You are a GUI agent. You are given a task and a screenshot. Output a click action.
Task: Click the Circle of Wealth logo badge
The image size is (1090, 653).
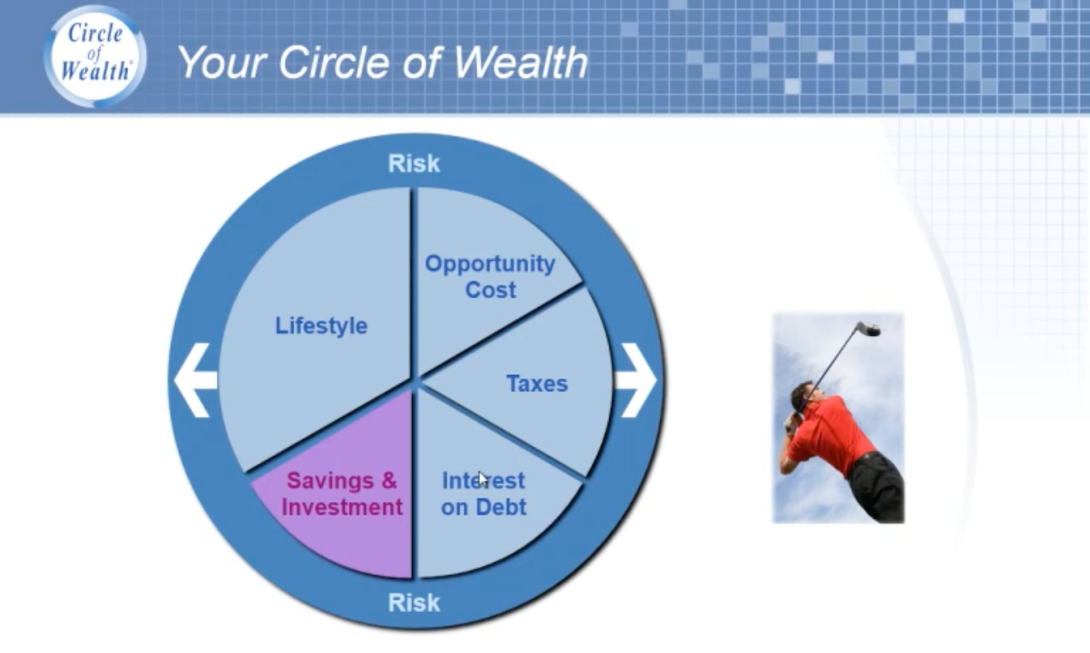[x=95, y=56]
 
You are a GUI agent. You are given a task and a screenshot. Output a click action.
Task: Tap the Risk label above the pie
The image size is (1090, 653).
[x=414, y=163]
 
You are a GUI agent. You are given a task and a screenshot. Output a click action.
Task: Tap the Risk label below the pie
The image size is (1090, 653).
[x=414, y=603]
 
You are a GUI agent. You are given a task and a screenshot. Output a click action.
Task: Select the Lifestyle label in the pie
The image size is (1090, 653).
[x=321, y=325]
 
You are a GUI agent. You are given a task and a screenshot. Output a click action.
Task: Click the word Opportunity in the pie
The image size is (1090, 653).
[x=490, y=264]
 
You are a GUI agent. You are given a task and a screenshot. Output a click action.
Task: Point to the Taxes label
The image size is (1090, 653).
[x=538, y=383]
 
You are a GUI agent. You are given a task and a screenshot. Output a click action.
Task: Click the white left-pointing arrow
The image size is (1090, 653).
[x=196, y=380]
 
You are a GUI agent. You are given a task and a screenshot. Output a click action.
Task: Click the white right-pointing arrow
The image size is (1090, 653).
[x=636, y=380]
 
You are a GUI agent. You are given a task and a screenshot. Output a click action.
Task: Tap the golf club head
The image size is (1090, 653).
[x=869, y=329]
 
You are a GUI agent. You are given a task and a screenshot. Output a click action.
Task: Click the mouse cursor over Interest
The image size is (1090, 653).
[x=482, y=479]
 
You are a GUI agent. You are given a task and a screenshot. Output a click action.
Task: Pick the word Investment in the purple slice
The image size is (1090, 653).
[x=342, y=507]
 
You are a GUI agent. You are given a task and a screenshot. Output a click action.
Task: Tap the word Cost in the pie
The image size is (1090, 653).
[x=490, y=290]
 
